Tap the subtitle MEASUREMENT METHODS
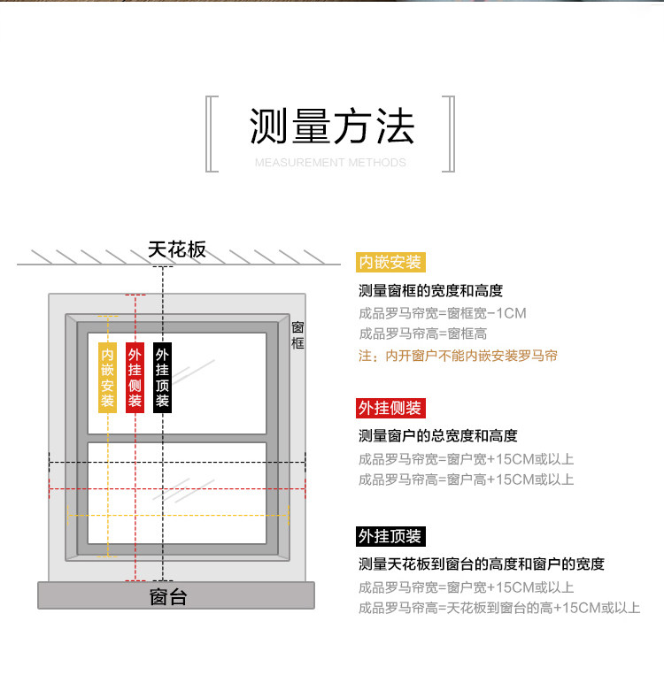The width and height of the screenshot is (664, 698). tap(330, 163)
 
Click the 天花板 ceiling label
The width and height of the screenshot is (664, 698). tap(177, 249)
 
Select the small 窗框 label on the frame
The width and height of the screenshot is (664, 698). tap(297, 335)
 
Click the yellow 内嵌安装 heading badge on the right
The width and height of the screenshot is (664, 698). tap(391, 262)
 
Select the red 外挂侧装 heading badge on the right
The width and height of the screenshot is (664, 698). tap(391, 408)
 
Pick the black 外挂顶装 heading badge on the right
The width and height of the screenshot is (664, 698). tap(391, 536)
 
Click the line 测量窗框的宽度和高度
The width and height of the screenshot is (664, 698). tap(431, 291)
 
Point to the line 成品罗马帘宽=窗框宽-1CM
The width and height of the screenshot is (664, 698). tap(443, 313)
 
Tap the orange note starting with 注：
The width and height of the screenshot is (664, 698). tap(458, 356)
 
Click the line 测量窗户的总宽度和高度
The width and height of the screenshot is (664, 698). tap(438, 436)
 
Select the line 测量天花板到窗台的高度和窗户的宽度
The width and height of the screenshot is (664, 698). tap(482, 564)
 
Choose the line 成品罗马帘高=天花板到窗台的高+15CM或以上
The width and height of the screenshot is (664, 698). tap(499, 608)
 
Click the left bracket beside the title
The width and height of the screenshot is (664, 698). tap(212, 134)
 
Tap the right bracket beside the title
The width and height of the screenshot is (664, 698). tap(448, 134)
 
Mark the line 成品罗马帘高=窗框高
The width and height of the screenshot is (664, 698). tap(423, 334)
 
